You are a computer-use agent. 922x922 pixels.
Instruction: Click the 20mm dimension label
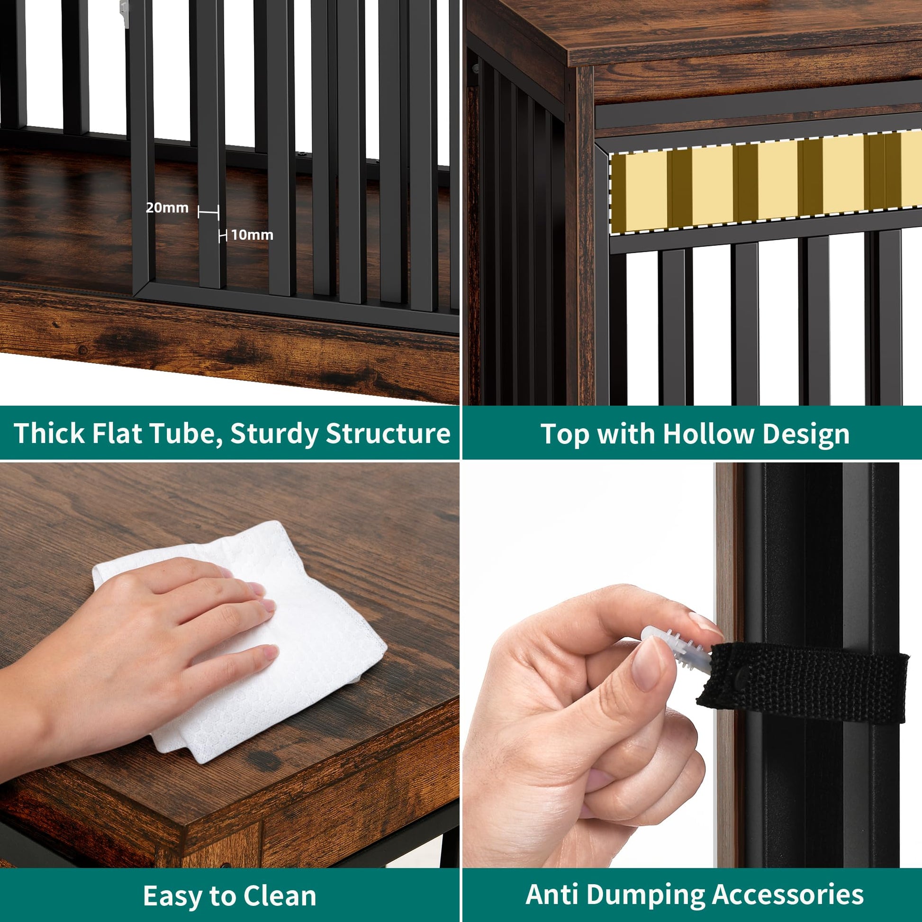pyautogui.click(x=167, y=208)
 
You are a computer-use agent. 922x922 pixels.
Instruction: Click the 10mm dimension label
pyautogui.click(x=252, y=235)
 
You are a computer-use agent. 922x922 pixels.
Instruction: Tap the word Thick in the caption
pyautogui.click(x=49, y=433)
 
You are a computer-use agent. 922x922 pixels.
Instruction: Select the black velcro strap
pyautogui.click(x=802, y=682)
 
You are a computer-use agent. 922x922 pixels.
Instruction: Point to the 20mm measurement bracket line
pyautogui.click(x=208, y=212)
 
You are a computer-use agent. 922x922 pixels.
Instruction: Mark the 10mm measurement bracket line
pyautogui.click(x=222, y=235)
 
